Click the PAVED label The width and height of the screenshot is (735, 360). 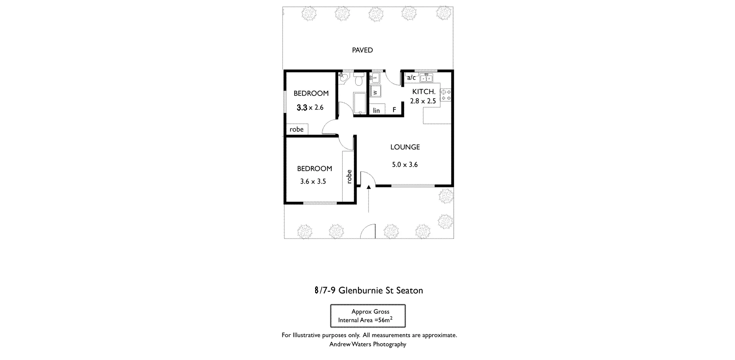(362, 50)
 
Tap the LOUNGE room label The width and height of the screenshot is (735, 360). (405, 147)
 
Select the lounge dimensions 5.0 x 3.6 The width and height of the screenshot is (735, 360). (405, 164)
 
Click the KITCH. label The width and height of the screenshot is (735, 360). (423, 92)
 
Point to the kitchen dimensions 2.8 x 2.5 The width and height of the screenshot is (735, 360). (423, 101)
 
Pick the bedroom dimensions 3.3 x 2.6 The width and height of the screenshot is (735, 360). (310, 108)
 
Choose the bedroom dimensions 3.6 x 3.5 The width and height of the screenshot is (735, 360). (313, 181)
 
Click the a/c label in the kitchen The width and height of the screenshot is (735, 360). (411, 78)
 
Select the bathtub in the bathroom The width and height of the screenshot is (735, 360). (359, 104)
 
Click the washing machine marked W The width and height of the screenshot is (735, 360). (375, 92)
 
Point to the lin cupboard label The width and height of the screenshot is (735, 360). (376, 111)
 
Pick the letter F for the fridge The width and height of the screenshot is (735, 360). (394, 110)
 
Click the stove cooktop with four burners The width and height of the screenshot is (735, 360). (446, 94)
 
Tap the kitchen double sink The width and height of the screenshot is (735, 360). (426, 78)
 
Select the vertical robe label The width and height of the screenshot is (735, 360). (349, 176)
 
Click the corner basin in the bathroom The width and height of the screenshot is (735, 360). (342, 76)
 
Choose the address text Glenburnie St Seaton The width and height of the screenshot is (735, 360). (380, 290)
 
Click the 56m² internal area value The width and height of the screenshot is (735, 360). (385, 320)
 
